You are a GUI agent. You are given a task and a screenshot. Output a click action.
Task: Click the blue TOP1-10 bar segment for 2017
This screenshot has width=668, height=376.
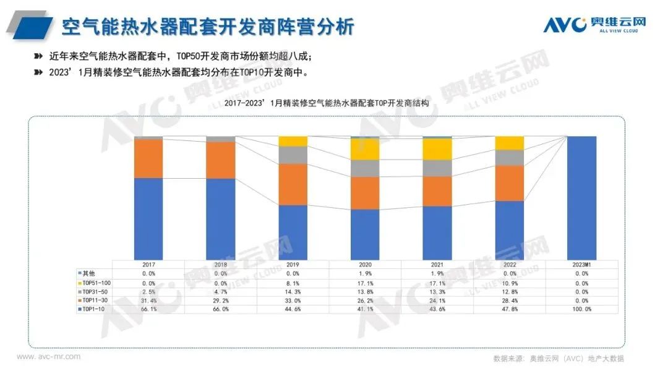[x=148, y=218]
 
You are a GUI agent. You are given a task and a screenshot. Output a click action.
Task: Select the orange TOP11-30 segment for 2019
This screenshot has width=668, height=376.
[x=293, y=184]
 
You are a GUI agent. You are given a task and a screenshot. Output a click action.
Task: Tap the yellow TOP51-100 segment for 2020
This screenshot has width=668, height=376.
[x=365, y=149]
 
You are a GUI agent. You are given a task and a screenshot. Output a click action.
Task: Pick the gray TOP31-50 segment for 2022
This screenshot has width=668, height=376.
[x=510, y=158]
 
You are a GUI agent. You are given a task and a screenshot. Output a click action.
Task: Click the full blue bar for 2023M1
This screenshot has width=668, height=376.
[x=581, y=198]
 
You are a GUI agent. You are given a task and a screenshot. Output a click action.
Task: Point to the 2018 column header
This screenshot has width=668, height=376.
[x=221, y=264]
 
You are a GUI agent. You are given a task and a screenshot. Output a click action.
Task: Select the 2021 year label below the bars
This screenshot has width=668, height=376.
[x=437, y=264]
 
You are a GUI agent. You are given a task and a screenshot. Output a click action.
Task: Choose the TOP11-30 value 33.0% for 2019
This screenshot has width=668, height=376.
[x=293, y=301]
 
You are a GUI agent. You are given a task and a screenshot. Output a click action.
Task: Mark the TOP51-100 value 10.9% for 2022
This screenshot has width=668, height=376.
[x=510, y=283]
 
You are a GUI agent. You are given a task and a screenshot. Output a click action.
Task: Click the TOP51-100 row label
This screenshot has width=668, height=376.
[x=93, y=283]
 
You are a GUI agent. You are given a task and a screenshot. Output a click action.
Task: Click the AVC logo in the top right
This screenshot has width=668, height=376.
[x=594, y=25]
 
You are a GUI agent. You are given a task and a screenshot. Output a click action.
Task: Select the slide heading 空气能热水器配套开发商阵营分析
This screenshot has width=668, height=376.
[x=207, y=27]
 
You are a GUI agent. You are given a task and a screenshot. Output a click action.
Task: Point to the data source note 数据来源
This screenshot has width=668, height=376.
[x=558, y=358]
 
